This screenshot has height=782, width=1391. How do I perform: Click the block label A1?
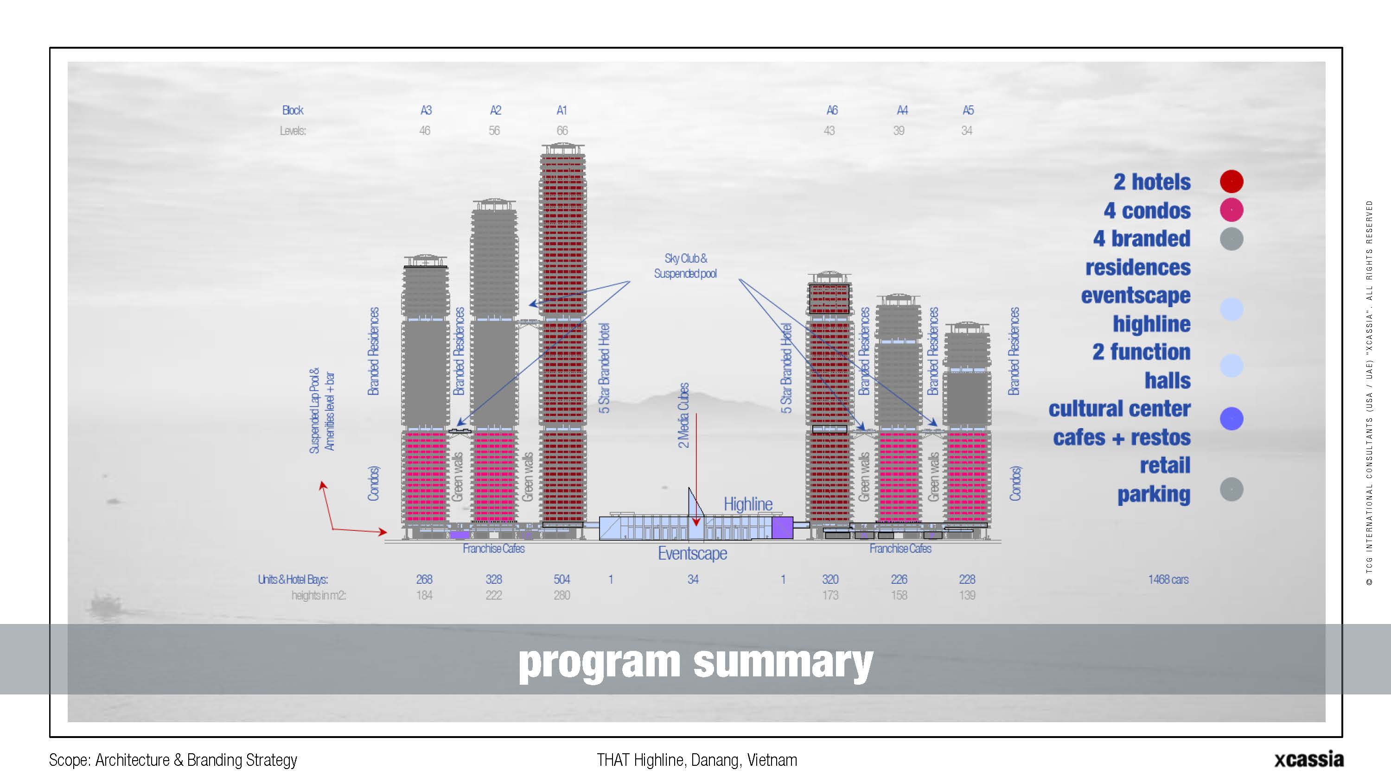562,110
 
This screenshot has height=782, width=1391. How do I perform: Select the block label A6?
832,110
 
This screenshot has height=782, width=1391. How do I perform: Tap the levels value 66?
562,131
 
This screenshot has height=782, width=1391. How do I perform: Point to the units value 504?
562,579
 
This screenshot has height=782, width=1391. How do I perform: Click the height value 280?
562,595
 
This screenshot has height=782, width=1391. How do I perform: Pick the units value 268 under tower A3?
424,579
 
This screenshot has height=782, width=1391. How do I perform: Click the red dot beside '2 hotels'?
1231,181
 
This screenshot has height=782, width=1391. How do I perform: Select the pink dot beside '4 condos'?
1231,210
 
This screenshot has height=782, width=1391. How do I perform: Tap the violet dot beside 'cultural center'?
1231,419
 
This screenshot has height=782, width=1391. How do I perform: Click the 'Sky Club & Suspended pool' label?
685,266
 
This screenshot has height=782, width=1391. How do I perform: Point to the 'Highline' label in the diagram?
748,504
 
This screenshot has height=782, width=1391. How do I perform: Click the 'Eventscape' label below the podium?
692,554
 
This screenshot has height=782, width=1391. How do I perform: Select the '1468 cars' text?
1168,580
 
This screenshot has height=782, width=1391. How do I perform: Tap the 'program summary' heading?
695,662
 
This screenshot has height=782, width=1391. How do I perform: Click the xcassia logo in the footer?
1309,759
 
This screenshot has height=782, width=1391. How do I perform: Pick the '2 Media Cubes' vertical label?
683,416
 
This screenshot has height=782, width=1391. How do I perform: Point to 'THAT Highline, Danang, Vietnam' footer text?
696,760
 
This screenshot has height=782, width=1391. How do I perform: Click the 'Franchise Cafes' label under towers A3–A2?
493,549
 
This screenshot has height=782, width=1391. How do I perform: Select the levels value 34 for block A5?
967,131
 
